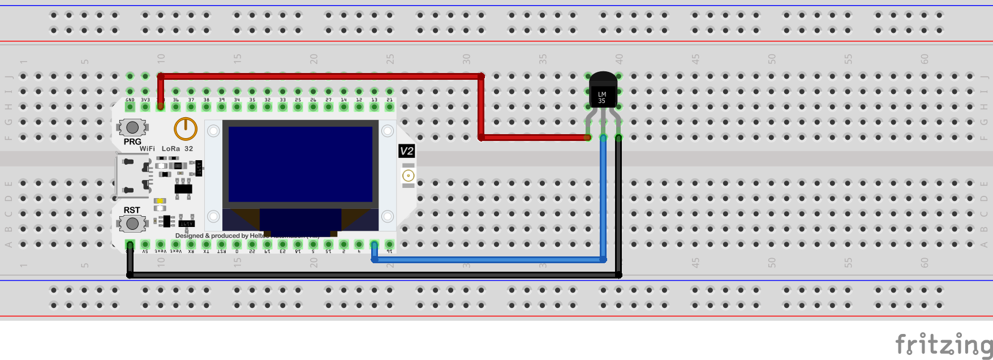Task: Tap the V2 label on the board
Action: (x=406, y=151)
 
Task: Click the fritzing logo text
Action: (x=943, y=344)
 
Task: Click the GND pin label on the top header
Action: (x=130, y=100)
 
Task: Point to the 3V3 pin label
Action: (x=145, y=100)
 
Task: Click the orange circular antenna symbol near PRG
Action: (x=185, y=129)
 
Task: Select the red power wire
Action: (x=320, y=76)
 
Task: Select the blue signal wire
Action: (x=487, y=260)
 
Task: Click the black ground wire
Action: (x=373, y=275)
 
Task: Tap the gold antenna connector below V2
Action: (x=408, y=176)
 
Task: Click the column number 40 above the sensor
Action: (x=619, y=59)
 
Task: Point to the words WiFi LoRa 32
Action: (x=166, y=149)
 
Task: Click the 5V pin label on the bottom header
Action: (x=145, y=251)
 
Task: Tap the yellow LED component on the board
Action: (x=160, y=201)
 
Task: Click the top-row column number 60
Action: (x=925, y=59)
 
